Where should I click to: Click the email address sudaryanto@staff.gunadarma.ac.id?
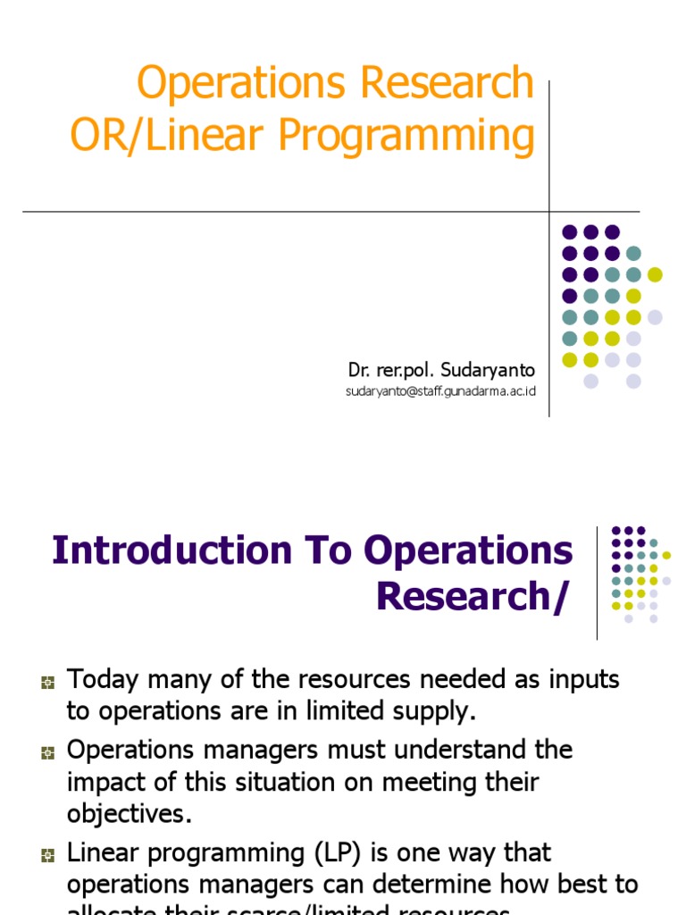pos(440,391)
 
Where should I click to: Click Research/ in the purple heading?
pos(472,597)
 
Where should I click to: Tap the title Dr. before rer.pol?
pos(357,369)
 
